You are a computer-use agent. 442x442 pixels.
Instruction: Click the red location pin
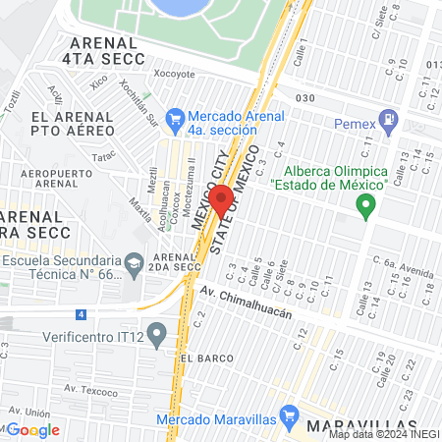coord(222,200)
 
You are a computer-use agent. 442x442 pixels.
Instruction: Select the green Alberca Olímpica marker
coord(366,206)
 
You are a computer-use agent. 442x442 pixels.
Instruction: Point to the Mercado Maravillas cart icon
coord(289,416)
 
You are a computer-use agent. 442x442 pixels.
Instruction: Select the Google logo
coord(34,429)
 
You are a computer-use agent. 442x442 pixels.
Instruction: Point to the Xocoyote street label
coord(175,74)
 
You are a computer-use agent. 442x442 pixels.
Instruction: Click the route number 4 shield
coord(82,314)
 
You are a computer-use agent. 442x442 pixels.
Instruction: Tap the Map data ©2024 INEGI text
coord(383,434)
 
